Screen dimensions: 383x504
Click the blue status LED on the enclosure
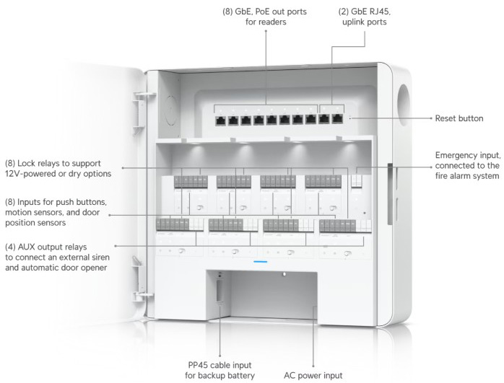pyautogui.click(x=261, y=262)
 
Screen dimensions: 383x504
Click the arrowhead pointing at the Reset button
pyautogui.click(x=351, y=117)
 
